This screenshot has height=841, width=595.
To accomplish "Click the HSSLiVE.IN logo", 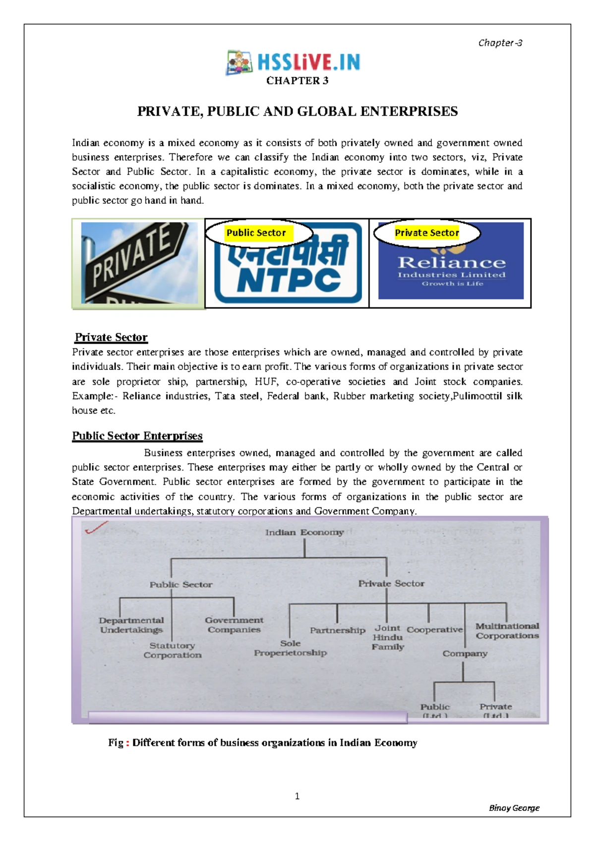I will [293, 62].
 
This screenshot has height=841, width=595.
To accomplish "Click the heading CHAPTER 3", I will [297, 81].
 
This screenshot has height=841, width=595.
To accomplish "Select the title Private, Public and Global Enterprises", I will [297, 112].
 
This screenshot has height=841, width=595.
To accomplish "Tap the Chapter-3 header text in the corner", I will [500, 43].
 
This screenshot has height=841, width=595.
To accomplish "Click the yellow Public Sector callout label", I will [256, 233].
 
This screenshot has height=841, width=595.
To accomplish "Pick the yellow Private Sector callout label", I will [426, 233].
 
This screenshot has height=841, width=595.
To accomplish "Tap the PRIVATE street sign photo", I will [139, 263].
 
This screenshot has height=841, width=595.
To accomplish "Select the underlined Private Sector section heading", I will [111, 338].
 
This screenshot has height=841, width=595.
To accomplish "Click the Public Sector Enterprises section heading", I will [137, 436].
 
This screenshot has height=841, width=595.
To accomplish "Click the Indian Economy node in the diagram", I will [304, 533].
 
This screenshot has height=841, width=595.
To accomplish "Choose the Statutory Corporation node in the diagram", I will [173, 650].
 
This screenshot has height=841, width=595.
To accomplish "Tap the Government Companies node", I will [234, 625].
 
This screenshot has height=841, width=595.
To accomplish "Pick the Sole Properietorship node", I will [290, 648].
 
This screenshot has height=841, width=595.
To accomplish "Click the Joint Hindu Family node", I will [388, 637].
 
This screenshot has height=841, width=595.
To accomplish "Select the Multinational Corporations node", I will [507, 631].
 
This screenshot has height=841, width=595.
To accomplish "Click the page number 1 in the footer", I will [297, 796].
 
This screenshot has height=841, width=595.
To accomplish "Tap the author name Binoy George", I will [514, 808].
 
